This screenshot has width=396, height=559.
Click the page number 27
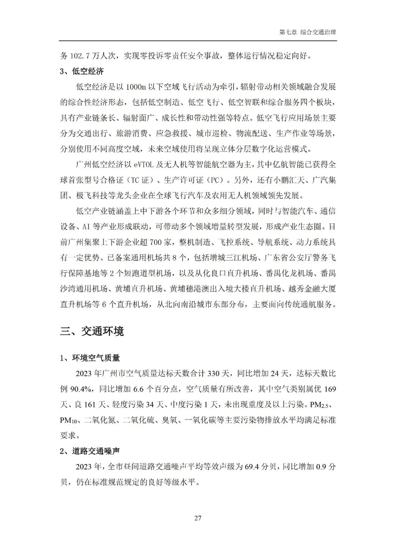(198, 518)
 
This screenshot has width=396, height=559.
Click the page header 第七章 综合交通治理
(308, 32)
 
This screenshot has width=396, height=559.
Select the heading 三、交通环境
(92, 331)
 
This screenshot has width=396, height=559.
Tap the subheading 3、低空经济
(82, 71)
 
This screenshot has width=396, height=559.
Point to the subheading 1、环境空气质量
(90, 358)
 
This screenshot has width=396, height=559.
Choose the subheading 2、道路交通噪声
(90, 451)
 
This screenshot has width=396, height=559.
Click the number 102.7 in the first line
(80, 56)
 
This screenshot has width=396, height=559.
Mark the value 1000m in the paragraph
(136, 87)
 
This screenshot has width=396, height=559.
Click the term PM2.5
(321, 405)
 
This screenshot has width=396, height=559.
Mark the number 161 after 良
(89, 404)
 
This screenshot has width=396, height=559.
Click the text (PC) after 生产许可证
(213, 180)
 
